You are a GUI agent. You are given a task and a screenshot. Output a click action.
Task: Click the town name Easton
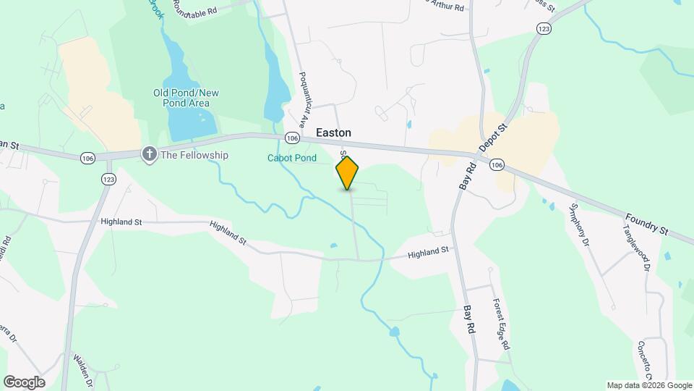[333, 133]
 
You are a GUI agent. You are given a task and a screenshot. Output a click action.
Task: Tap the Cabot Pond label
[292, 158]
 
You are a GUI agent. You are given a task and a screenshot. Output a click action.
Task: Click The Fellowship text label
[194, 155]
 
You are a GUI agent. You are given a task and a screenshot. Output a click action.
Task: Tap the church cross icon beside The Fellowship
[150, 154]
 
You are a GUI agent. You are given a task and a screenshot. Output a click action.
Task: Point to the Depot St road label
[494, 135]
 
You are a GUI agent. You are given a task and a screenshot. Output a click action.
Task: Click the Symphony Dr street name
[581, 225]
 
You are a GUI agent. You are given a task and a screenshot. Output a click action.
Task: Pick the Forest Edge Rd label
[502, 324]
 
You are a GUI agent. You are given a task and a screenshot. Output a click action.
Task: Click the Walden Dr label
[81, 370]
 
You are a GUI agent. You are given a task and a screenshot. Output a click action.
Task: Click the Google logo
[24, 382]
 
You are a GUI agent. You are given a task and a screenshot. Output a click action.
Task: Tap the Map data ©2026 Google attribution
[649, 385]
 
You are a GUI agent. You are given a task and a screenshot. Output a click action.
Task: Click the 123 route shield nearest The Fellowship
[108, 179]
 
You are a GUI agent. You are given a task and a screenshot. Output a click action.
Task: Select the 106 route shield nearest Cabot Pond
[292, 138]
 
